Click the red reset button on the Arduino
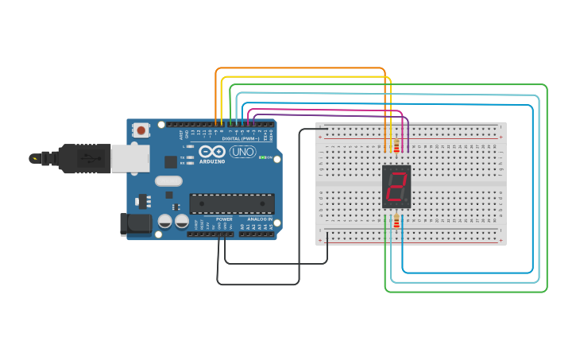[x=141, y=130]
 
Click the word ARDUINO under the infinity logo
[x=212, y=161]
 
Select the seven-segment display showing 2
[x=396, y=187]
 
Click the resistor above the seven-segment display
[x=396, y=145]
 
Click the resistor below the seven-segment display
[x=396, y=219]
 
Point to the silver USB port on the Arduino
[x=130, y=158]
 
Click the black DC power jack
[x=137, y=223]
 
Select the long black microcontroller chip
[x=231, y=203]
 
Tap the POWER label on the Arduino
[x=224, y=219]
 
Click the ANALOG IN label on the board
[x=260, y=219]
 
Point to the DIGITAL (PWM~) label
[x=241, y=138]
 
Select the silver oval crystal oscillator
[x=168, y=181]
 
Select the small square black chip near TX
[x=171, y=161]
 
